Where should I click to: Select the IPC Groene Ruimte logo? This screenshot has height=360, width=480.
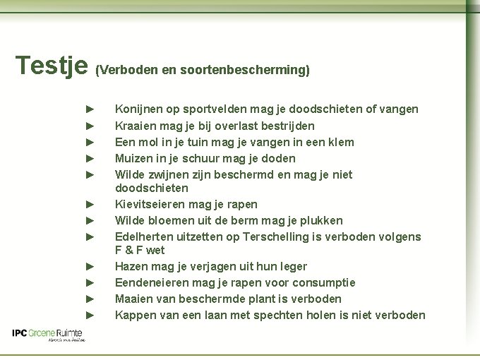tap(49, 335)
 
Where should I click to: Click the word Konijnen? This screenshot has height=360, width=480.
tap(139, 109)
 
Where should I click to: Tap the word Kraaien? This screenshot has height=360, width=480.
tap(135, 126)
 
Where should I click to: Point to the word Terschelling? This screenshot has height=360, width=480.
tap(289, 237)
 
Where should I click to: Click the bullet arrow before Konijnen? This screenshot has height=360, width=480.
tap(90, 109)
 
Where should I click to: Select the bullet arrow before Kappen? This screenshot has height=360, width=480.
tap(90, 315)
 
